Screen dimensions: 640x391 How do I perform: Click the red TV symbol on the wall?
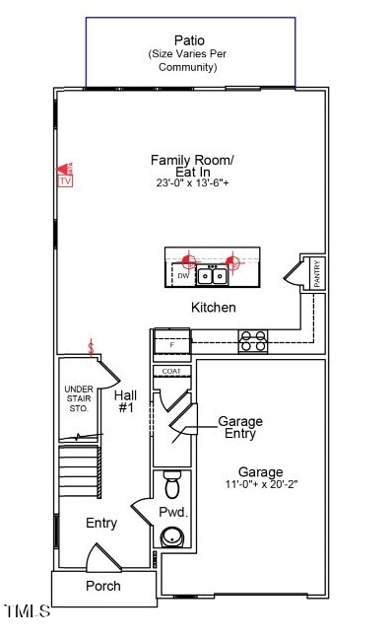(66, 176)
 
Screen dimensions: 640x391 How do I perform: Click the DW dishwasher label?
(183, 276)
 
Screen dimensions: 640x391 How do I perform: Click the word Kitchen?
(213, 308)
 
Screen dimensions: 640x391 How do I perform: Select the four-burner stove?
(252, 341)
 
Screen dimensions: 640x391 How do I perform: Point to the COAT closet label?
(171, 371)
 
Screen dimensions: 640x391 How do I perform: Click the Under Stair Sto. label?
(78, 399)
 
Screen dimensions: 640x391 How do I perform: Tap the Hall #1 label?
(126, 401)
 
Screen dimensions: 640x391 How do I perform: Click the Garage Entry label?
(239, 428)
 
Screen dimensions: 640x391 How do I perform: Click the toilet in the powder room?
(173, 484)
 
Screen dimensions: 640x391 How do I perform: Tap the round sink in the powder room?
(172, 537)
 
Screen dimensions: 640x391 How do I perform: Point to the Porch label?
(102, 586)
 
